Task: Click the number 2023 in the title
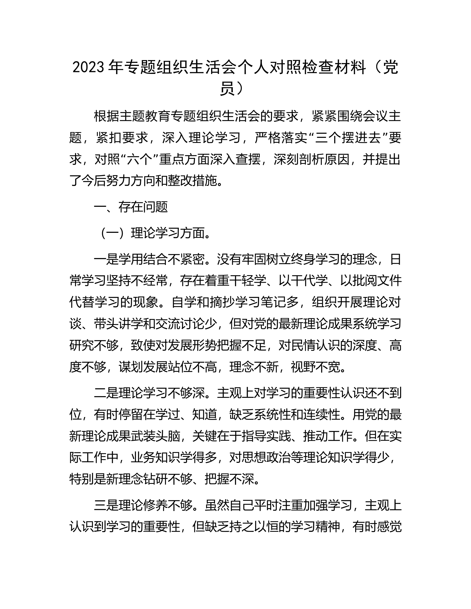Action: [89, 68]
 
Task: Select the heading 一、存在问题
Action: [130, 207]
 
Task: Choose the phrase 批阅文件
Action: [377, 281]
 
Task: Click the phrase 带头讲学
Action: [119, 324]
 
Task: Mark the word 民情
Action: [303, 345]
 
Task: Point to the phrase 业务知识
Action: [155, 458]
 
